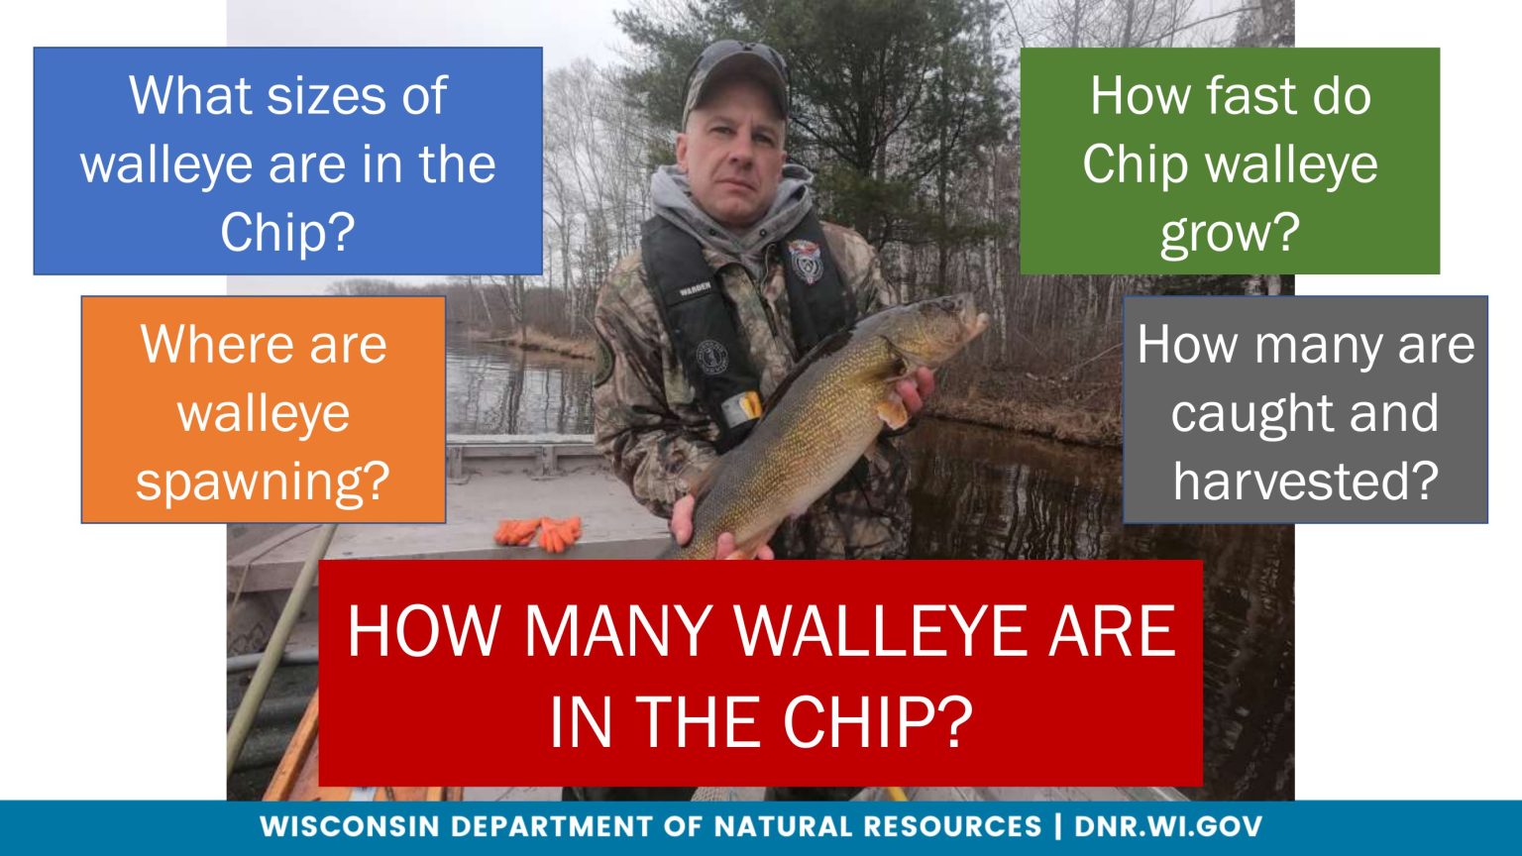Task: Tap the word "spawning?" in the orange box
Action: (x=263, y=481)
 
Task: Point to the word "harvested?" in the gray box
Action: (x=1305, y=481)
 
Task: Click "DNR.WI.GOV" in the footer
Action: (x=1168, y=826)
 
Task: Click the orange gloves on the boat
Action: (x=538, y=533)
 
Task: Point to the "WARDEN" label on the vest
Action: (x=696, y=291)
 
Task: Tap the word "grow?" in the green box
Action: (x=1229, y=234)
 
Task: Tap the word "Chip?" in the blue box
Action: (x=287, y=234)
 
